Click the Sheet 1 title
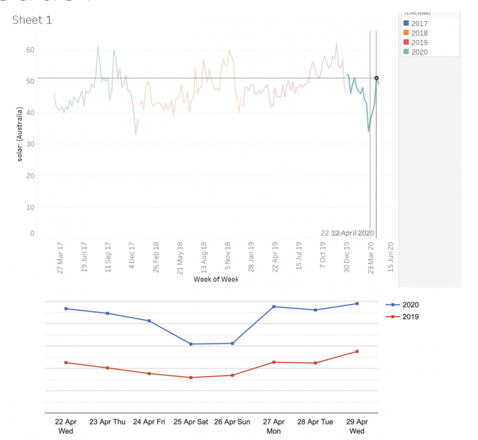coord(32,20)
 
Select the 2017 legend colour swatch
coord(406,23)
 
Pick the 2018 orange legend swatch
coord(406,33)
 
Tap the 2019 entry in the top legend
coord(419,42)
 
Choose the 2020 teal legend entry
coord(419,52)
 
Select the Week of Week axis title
coord(216,279)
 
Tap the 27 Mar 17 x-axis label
coord(60,257)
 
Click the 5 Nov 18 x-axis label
coord(228,257)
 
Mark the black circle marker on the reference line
coord(377,78)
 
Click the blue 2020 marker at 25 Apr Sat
coord(190,344)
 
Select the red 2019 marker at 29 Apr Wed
coord(357,352)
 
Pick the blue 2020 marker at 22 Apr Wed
coord(66,309)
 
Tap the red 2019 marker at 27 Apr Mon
coord(273,362)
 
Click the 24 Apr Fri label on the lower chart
coord(149,422)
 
